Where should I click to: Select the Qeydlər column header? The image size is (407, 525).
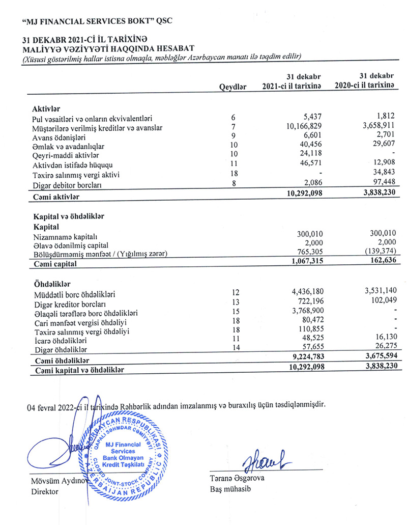(x=232, y=87)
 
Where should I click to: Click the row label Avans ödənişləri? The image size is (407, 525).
(x=59, y=137)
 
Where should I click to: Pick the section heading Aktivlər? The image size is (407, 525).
(x=46, y=109)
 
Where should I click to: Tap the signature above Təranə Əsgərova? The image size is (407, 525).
(x=265, y=458)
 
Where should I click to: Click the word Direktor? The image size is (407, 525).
(x=45, y=492)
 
